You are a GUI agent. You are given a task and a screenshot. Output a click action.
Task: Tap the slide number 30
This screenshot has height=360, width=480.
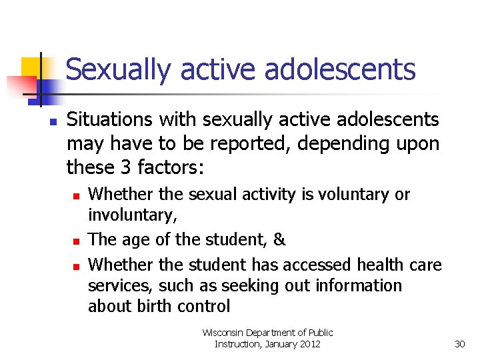click(x=459, y=344)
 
